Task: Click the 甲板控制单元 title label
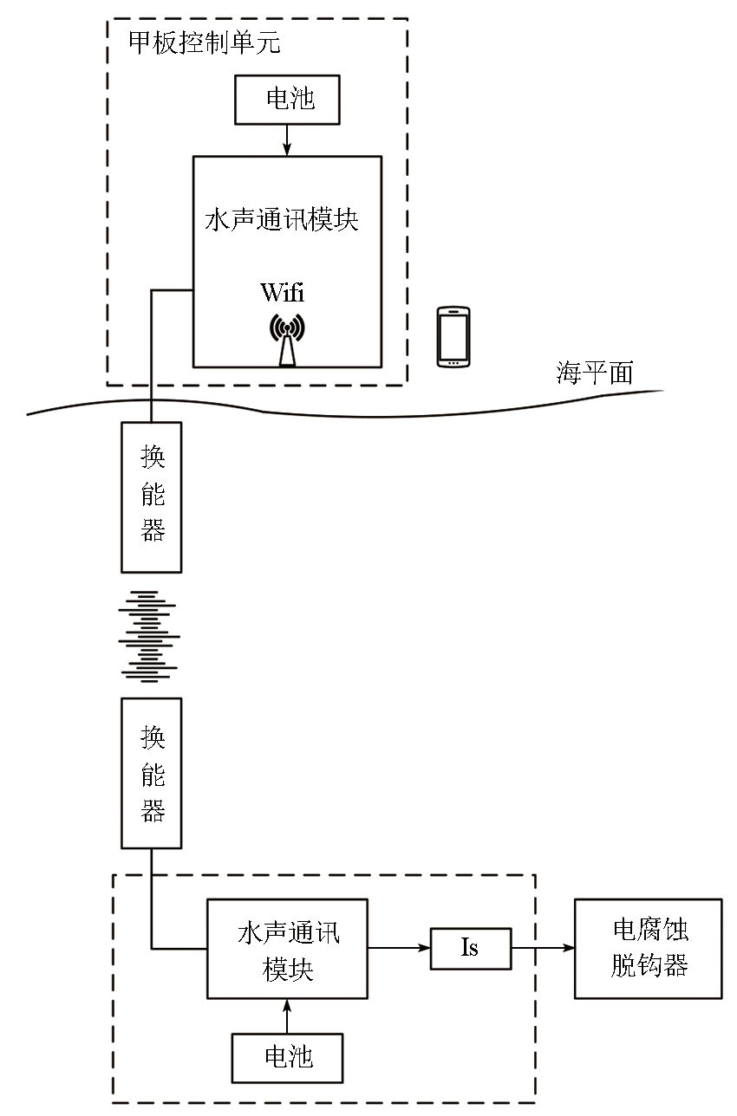click(x=204, y=43)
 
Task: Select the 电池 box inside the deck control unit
click(x=287, y=100)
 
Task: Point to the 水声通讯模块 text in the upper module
click(x=282, y=220)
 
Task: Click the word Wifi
click(x=283, y=292)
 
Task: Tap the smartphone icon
click(x=453, y=335)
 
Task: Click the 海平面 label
click(x=594, y=373)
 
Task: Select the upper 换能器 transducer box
click(x=152, y=496)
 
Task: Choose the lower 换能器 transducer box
click(x=152, y=773)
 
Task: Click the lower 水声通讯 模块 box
click(x=287, y=949)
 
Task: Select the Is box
click(x=470, y=948)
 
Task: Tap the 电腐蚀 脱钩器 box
click(x=648, y=949)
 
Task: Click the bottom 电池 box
click(x=287, y=1058)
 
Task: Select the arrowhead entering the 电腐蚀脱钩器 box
click(x=568, y=948)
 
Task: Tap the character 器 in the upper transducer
click(x=153, y=530)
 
